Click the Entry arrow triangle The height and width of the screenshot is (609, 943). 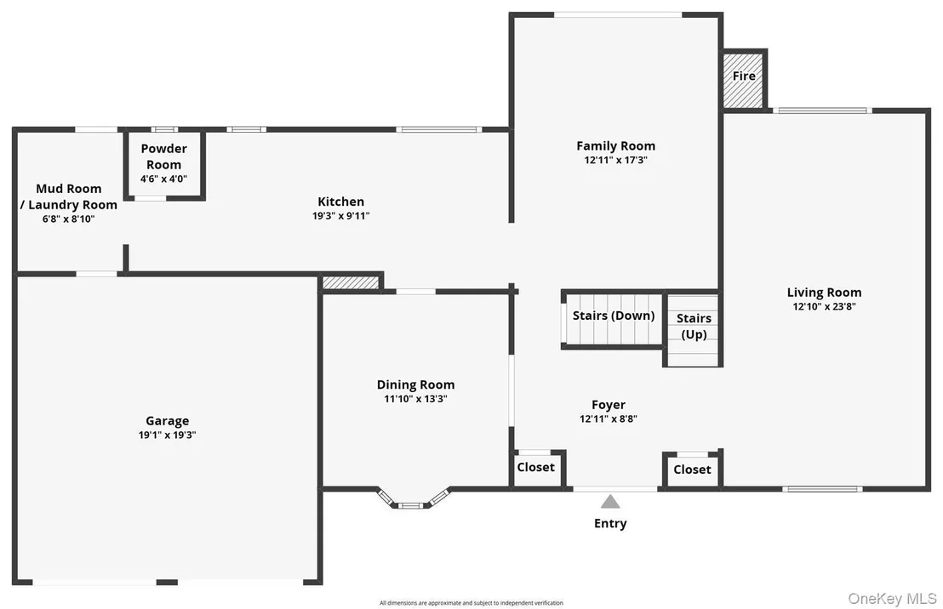coord(610,501)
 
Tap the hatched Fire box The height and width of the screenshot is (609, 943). coord(743,81)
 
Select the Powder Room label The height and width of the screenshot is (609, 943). coord(163,157)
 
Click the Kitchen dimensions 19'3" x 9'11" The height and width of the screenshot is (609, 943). coord(341,216)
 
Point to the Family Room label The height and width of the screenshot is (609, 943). coord(616,146)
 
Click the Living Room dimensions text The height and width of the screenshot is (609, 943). coord(824,306)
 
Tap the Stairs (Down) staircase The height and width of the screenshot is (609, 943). coord(614,320)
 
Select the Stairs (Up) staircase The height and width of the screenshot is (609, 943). coord(694,330)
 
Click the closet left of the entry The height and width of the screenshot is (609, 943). coord(536,469)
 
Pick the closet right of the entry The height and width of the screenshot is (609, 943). coord(692,470)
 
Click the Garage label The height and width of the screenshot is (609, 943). coord(167,421)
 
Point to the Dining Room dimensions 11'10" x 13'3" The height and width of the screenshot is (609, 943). coord(415,399)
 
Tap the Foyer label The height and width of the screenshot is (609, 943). coord(608,405)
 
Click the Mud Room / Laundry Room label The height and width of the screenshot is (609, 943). coord(69,196)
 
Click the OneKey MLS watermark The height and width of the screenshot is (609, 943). coord(893,598)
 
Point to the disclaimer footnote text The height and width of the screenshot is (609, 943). coord(471,602)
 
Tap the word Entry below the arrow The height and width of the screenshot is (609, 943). coord(610,524)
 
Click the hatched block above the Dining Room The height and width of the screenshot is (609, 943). coord(351,282)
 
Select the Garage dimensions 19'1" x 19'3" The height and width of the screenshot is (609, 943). coord(167,435)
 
